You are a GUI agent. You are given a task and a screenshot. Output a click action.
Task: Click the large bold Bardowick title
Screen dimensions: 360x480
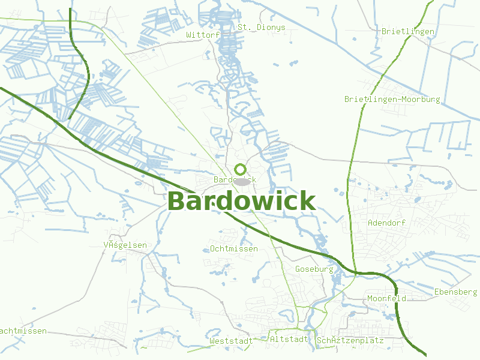(x=241, y=201)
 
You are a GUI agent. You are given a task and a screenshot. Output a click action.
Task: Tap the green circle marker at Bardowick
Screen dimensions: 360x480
(x=241, y=169)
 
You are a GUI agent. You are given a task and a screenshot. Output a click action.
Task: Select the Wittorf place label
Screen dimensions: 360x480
(x=203, y=35)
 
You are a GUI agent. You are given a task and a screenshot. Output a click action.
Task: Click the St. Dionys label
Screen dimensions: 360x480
(x=262, y=28)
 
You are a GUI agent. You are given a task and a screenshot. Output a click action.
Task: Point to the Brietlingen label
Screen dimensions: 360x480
(x=408, y=31)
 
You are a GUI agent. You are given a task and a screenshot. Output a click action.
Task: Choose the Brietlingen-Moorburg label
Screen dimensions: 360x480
(x=392, y=99)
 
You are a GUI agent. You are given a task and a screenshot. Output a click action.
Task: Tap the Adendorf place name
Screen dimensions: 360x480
(x=387, y=223)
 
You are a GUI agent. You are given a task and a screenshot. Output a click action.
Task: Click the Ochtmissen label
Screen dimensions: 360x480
(x=234, y=248)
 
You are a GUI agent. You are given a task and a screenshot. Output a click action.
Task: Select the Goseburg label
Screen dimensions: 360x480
(x=314, y=269)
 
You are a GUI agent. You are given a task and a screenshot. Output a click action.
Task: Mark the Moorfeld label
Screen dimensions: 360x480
(x=387, y=298)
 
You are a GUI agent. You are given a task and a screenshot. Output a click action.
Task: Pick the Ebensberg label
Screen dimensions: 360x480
(x=455, y=292)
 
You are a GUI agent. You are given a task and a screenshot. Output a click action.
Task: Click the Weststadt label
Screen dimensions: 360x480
(x=231, y=341)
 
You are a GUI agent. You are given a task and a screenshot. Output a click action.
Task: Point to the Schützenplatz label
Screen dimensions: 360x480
(x=350, y=340)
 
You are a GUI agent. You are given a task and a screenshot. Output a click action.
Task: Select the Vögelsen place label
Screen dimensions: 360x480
(x=125, y=245)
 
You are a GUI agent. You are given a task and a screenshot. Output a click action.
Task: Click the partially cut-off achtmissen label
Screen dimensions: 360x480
(x=23, y=331)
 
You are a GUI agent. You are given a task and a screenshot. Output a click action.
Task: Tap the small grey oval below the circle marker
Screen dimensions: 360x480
(x=242, y=181)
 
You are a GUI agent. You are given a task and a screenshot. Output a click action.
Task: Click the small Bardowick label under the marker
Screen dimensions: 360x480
(x=235, y=179)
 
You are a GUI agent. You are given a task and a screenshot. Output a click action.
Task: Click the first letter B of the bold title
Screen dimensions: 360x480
(x=177, y=202)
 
